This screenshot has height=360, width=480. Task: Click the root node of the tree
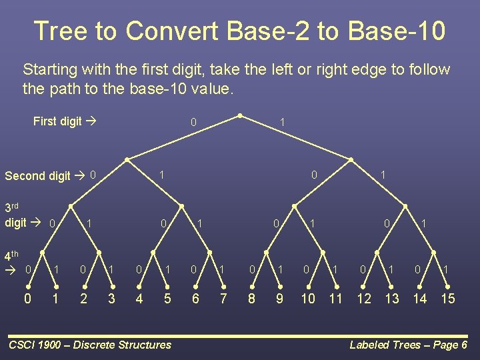point(240,116)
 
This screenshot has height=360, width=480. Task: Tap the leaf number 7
point(223,298)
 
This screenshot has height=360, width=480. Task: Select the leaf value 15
point(448,298)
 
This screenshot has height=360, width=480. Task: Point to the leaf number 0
point(27,298)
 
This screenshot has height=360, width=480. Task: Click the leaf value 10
point(308,298)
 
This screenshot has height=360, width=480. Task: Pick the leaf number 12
point(364,298)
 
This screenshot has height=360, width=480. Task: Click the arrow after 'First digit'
point(91,121)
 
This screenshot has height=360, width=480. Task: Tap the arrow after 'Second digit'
point(79,175)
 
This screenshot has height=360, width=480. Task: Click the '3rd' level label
point(11,207)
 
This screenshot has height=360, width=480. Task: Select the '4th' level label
point(11,255)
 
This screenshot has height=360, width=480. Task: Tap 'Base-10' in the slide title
point(397,30)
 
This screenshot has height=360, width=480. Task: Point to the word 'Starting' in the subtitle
point(50,70)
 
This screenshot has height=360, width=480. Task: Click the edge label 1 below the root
point(282,123)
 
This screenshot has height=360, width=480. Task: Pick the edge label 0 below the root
point(193,123)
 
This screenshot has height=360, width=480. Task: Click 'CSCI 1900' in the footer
point(35,345)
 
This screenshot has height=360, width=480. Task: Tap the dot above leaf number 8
point(252,287)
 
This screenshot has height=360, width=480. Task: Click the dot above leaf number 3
point(113,287)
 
